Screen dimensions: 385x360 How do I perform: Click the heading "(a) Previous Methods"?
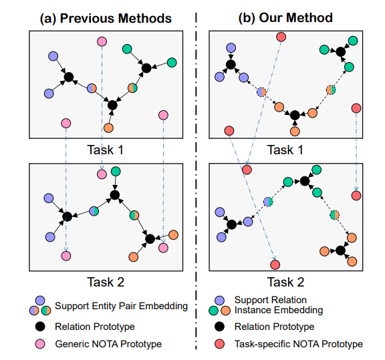tap(106, 19)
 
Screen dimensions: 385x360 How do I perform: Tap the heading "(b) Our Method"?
tap(285, 18)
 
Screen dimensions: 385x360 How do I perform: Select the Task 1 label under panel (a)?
tap(106, 150)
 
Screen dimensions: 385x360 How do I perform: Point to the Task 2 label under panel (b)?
tap(285, 282)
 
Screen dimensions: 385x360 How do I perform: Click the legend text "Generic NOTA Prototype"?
tap(108, 344)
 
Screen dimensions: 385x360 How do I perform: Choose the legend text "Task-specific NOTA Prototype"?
tap(299, 344)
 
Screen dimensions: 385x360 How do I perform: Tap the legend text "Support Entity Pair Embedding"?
tap(121, 306)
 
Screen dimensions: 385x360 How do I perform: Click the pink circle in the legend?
tap(40, 344)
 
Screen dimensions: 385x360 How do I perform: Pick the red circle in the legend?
tap(219, 344)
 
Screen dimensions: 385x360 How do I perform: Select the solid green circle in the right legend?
tap(214, 311)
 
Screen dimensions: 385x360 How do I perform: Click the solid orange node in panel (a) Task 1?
tap(108, 128)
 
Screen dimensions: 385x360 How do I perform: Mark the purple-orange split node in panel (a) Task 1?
tap(92, 88)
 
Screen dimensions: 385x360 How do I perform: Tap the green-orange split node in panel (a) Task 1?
tap(132, 88)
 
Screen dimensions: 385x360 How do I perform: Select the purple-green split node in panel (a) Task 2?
tap(94, 211)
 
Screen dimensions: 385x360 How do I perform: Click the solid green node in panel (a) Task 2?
tap(116, 171)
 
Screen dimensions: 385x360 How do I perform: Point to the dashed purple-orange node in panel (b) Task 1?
tap(261, 92)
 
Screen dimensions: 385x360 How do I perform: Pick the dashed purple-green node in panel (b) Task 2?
tap(268, 202)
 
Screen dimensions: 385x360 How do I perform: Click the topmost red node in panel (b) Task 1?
tap(281, 37)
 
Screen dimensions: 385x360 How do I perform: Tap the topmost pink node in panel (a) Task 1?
tap(102, 41)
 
